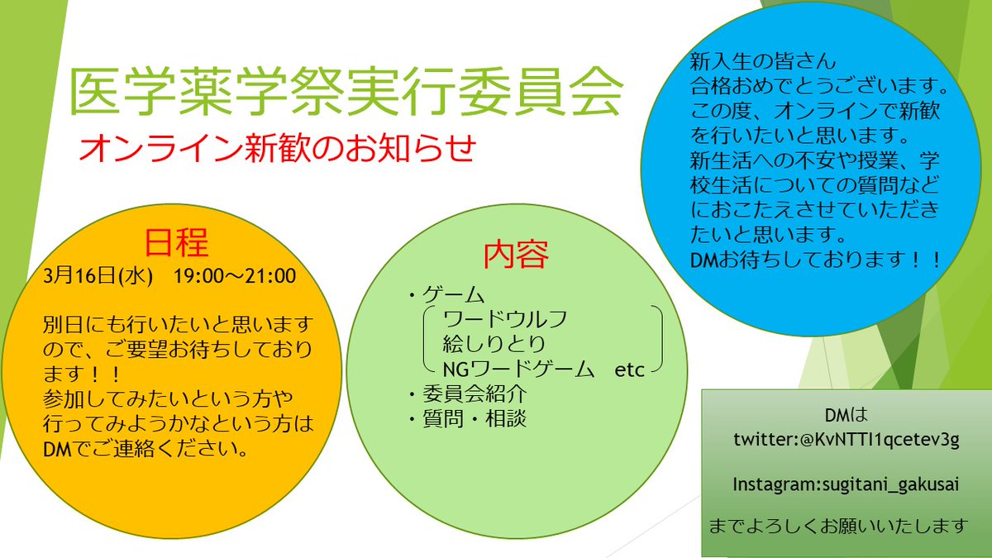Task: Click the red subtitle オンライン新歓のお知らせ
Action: click(278, 150)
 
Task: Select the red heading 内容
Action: click(516, 255)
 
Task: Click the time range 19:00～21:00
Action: click(235, 275)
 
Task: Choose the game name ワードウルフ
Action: click(505, 318)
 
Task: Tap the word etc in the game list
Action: click(629, 370)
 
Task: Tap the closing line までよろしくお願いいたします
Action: click(838, 525)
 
